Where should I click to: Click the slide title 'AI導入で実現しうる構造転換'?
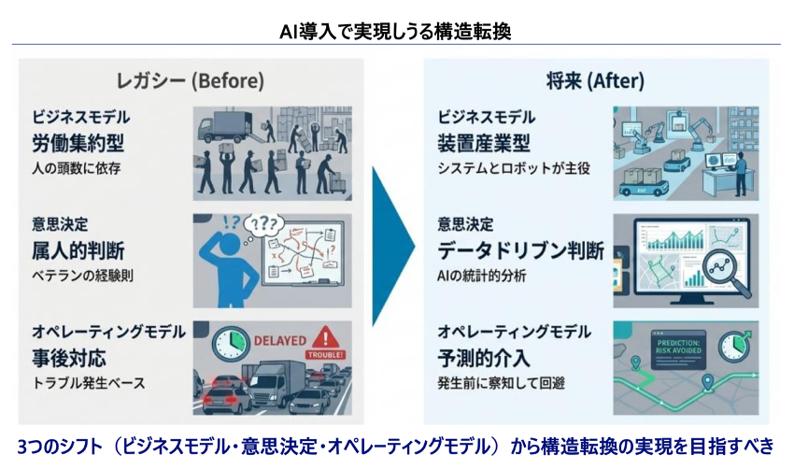click(396, 31)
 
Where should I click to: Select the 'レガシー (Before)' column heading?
click(183, 80)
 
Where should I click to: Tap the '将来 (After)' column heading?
click(595, 80)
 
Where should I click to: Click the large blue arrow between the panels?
click(392, 245)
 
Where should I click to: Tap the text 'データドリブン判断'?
click(520, 250)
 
